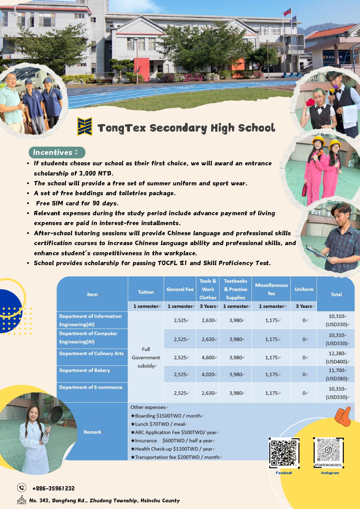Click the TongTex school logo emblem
coord(85,126)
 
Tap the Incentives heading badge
coord(57,153)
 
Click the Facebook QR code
coord(284,452)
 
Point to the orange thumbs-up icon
coord(343,415)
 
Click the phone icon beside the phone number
coord(21,488)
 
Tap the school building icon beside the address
coord(22,500)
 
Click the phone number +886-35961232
coord(53,488)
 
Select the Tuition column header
coord(146,292)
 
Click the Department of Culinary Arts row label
coord(91,354)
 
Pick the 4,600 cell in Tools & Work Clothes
coord(208,358)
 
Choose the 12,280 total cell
coord(336,357)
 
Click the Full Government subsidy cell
coord(146,357)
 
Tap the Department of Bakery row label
coord(85,370)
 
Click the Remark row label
coord(93,432)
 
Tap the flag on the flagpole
coord(287,12)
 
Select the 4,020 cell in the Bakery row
coord(208,374)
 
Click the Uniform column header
coord(304,289)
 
